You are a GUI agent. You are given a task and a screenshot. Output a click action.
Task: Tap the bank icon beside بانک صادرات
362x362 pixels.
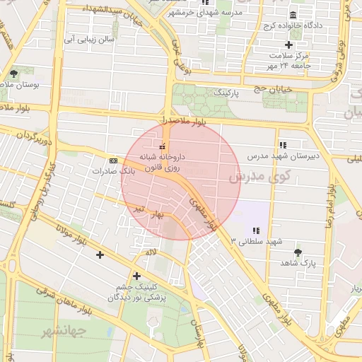pos(114,161)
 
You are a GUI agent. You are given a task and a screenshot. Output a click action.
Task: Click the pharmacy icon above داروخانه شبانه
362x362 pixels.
pos(164,146)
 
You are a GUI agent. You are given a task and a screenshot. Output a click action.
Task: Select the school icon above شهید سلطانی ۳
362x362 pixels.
pos(256,230)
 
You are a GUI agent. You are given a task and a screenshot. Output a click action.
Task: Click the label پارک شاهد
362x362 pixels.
pos(297,262)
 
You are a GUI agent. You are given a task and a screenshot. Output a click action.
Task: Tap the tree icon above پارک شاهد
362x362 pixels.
pos(297,252)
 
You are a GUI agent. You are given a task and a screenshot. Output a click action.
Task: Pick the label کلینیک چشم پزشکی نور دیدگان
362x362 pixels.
pos(136,292)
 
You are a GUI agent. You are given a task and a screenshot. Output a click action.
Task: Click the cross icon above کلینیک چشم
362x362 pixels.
pos(136,276)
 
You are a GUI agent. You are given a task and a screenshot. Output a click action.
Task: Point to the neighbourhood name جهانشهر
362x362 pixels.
pos(63,330)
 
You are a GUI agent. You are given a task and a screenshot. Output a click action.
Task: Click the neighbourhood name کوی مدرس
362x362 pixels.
pos(255,176)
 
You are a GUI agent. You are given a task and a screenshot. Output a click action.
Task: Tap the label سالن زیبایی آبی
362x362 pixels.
pos(89,40)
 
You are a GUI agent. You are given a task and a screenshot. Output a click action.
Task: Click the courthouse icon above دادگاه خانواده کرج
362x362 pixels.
pos(293,16)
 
